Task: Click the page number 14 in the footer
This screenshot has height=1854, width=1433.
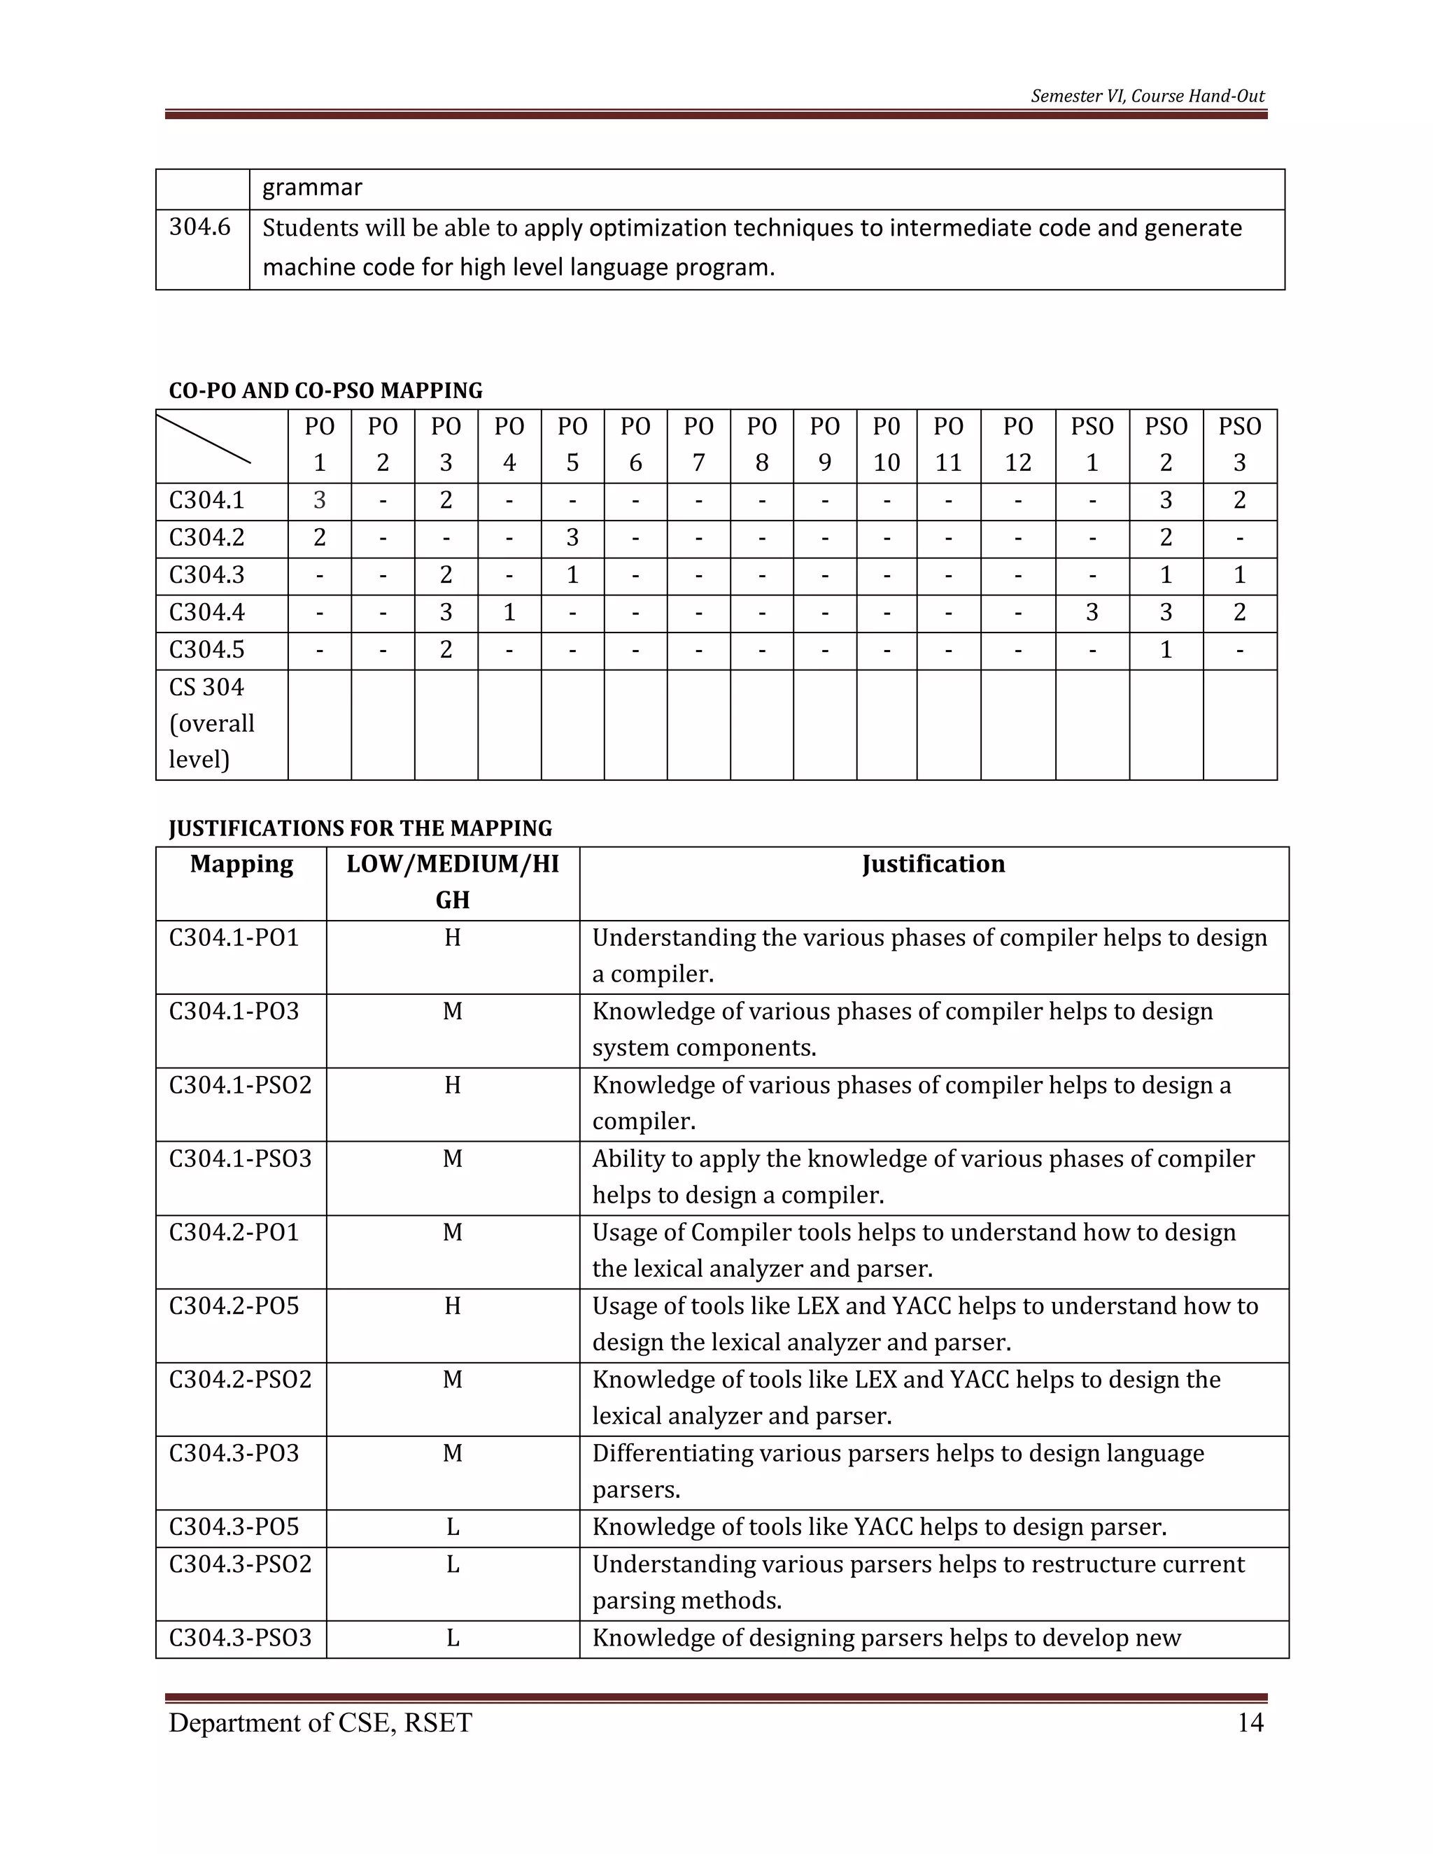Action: tap(1250, 1722)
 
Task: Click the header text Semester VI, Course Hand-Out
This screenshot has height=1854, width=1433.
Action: tap(1147, 96)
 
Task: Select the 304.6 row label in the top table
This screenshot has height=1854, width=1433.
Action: tap(199, 227)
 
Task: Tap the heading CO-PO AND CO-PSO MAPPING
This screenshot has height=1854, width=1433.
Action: tap(325, 390)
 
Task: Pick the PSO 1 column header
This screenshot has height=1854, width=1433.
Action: tap(1092, 444)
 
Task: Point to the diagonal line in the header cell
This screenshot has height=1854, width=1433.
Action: tap(204, 438)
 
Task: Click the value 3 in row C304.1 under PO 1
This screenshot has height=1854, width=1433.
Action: tap(319, 501)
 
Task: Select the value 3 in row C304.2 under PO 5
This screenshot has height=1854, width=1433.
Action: tap(572, 538)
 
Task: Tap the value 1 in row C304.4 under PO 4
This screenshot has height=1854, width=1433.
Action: tap(509, 613)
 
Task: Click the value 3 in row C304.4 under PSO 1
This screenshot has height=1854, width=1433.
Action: tap(1092, 613)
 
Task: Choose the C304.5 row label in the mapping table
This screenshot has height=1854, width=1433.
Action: tap(206, 650)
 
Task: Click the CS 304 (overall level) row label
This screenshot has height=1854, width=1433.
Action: tap(211, 723)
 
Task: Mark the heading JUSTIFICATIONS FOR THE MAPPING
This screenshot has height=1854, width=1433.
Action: tap(360, 828)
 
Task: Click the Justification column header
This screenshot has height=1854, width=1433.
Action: tap(933, 864)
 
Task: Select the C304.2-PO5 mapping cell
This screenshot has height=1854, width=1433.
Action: tap(234, 1306)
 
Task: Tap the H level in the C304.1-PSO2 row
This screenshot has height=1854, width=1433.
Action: tap(453, 1086)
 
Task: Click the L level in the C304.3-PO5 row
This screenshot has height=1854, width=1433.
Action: tap(453, 1527)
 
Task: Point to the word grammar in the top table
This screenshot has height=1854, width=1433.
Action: tap(311, 187)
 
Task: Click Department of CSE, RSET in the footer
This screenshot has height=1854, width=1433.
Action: tap(320, 1722)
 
